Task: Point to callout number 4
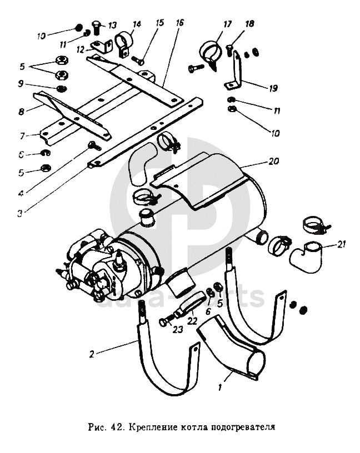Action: coord(20,193)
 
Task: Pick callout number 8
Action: coord(21,111)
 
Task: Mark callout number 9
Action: coord(21,84)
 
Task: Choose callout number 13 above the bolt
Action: coord(112,25)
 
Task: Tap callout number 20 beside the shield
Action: coord(272,162)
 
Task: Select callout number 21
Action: coord(342,245)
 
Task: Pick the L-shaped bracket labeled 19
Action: coord(238,73)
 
